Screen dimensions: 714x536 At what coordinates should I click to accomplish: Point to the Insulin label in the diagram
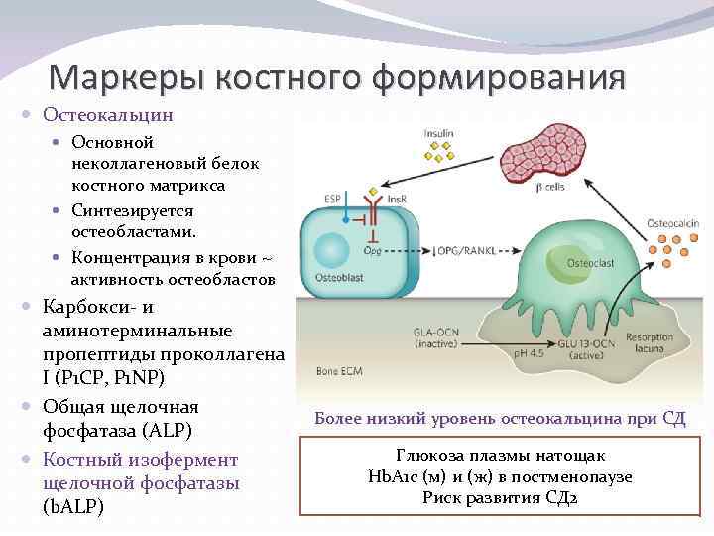[x=439, y=132]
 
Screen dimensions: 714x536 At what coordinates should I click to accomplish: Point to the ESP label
[x=333, y=199]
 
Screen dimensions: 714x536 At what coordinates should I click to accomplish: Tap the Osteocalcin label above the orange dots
[x=672, y=224]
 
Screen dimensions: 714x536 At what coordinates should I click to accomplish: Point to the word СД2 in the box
[x=556, y=497]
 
